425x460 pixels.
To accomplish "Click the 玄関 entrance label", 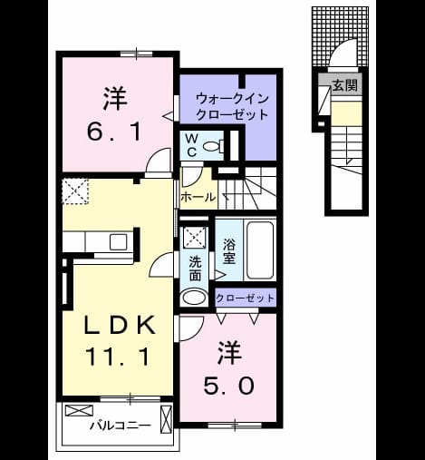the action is tap(345, 85).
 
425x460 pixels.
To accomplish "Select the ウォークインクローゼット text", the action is tap(232, 107).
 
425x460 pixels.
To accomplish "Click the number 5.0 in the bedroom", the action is tap(228, 387).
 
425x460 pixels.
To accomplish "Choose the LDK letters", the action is tap(120, 325).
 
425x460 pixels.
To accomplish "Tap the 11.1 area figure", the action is tap(118, 357).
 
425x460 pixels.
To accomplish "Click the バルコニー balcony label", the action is tap(120, 426).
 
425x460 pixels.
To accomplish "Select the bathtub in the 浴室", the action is tap(260, 250).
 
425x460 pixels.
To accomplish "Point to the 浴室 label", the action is tap(229, 251).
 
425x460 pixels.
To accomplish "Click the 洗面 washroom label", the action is tap(195, 269).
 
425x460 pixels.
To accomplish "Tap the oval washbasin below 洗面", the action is tap(194, 298).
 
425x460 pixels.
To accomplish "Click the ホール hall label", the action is tap(198, 197).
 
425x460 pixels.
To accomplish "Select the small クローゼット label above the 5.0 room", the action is tap(245, 299).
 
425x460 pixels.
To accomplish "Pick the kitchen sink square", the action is tap(118, 242).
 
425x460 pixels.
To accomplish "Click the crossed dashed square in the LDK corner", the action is tap(75, 191).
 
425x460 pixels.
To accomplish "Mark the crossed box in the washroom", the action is tap(195, 237).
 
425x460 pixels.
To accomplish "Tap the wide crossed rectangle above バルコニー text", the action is tap(79, 411).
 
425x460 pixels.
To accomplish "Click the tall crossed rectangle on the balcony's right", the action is tap(166, 420).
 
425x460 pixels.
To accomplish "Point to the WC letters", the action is tap(192, 146).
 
